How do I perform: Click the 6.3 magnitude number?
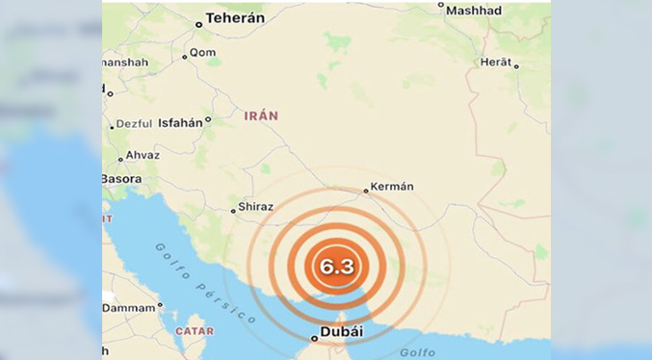pyautogui.click(x=337, y=268)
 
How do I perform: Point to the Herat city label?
pyautogui.click(x=495, y=63)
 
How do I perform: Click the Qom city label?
pyautogui.click(x=203, y=52)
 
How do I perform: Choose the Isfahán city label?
pyautogui.click(x=180, y=122)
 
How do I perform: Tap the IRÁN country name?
pyautogui.click(x=260, y=116)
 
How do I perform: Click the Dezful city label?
pyautogui.click(x=134, y=124)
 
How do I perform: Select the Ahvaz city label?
pyautogui.click(x=143, y=156)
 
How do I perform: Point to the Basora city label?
pyautogui.click(x=122, y=179)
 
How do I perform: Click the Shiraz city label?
pyautogui.click(x=255, y=206)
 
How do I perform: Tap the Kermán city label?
pyautogui.click(x=393, y=187)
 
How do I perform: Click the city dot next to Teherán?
pyautogui.click(x=198, y=24)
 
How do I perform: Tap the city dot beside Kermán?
pyautogui.click(x=366, y=191)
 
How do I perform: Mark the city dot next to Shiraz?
pyautogui.click(x=233, y=209)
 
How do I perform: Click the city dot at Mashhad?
pyautogui.click(x=441, y=5)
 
